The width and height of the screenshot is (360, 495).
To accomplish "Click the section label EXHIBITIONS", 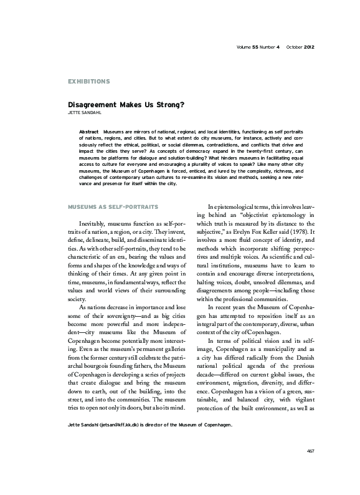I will (x=88, y=82).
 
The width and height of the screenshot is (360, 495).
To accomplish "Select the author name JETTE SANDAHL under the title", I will (x=85, y=115).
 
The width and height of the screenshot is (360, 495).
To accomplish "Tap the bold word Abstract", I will (x=90, y=133).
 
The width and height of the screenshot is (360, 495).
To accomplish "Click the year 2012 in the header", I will (x=313, y=47).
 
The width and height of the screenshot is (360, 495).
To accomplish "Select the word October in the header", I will (x=293, y=47).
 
